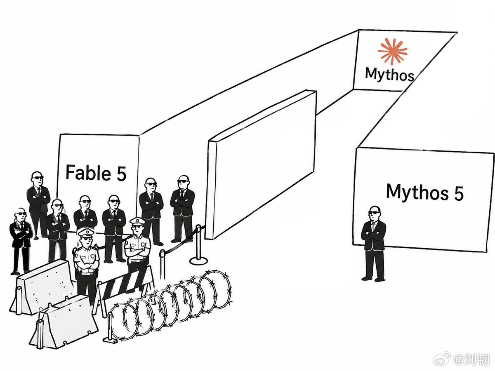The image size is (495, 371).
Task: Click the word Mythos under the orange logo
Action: (x=389, y=74)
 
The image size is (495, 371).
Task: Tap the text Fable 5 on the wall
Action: (x=96, y=173)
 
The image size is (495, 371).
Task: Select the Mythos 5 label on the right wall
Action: (x=425, y=192)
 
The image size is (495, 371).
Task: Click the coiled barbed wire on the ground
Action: (x=171, y=306)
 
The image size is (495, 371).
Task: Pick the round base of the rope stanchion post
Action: (x=198, y=261)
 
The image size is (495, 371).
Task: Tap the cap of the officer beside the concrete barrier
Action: (x=85, y=233)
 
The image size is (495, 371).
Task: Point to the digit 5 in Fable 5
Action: (x=121, y=174)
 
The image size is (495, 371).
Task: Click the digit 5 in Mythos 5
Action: (x=458, y=193)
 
